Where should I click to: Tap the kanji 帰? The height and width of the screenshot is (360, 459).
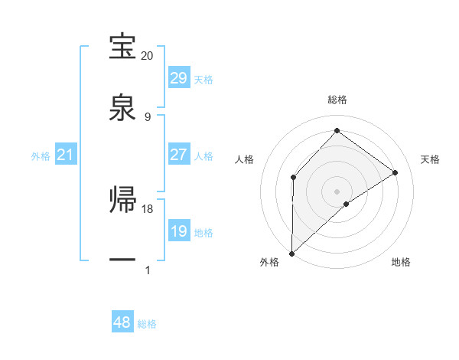[x=123, y=198]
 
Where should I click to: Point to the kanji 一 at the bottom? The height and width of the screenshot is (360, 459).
[x=123, y=260]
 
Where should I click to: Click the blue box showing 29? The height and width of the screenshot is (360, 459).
[x=178, y=78]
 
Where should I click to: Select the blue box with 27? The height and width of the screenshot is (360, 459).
[x=178, y=155]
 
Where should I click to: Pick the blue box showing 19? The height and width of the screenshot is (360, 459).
[x=178, y=231]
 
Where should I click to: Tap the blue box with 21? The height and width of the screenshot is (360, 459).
[x=65, y=155]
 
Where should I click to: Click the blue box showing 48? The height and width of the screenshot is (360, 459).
[x=122, y=322]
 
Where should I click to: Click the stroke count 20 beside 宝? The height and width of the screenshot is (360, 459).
[x=148, y=56]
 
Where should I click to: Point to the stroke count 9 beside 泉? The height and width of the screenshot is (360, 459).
[x=148, y=117]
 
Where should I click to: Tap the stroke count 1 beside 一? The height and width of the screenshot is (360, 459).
[x=148, y=270]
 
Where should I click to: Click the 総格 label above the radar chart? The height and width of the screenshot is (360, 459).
[x=337, y=100]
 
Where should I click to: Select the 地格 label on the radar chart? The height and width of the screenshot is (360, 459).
[x=401, y=262]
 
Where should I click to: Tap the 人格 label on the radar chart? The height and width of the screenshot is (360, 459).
[x=245, y=159]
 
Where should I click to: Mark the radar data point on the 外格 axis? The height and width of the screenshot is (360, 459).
[x=291, y=253]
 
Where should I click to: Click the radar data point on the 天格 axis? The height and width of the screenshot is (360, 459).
[x=396, y=172]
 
